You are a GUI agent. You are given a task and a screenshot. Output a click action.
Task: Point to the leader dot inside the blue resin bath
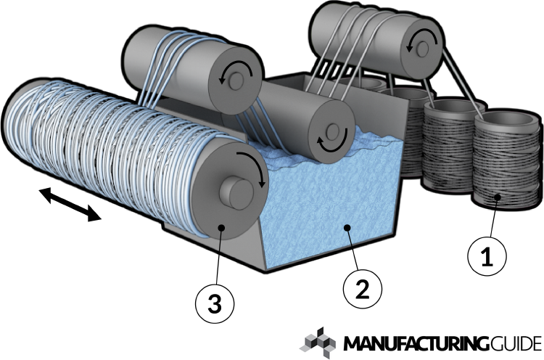coord(347,227)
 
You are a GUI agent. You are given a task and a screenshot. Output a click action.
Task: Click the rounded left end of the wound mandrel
coord(18,123)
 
